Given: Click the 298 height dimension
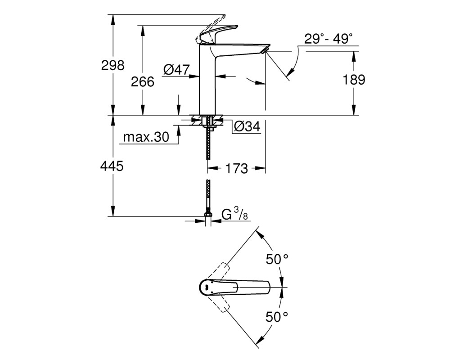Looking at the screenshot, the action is [x=113, y=65].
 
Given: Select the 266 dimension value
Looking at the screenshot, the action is [x=143, y=82].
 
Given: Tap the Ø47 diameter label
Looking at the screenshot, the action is [x=176, y=70].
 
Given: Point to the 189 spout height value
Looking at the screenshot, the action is [x=354, y=80].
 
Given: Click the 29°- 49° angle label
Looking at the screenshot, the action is [x=328, y=38].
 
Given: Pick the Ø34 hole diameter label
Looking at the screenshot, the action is [x=247, y=126].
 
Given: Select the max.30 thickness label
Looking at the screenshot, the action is [x=146, y=137].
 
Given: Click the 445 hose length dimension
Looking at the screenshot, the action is [x=112, y=166].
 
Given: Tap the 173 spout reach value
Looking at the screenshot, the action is [x=237, y=168].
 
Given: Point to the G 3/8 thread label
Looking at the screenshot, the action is [x=234, y=214].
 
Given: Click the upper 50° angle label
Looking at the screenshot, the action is [x=277, y=259].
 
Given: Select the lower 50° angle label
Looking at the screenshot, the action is [x=277, y=317].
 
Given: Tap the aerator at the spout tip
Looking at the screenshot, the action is [x=264, y=51].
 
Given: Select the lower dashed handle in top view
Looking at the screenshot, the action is [x=220, y=304].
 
